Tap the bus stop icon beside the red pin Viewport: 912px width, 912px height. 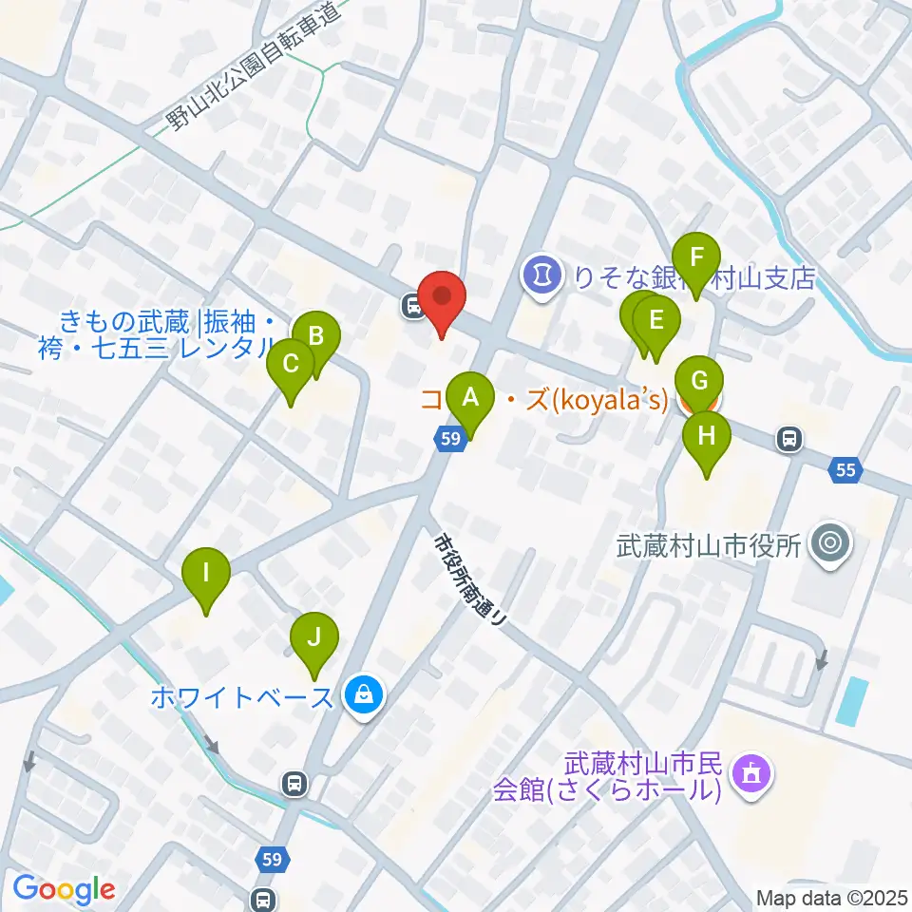click(413, 306)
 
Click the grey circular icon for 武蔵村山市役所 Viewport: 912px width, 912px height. click(829, 545)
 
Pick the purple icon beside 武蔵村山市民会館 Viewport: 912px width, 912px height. click(753, 774)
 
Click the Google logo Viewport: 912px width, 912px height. click(64, 889)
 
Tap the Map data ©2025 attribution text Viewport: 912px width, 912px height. click(829, 896)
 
